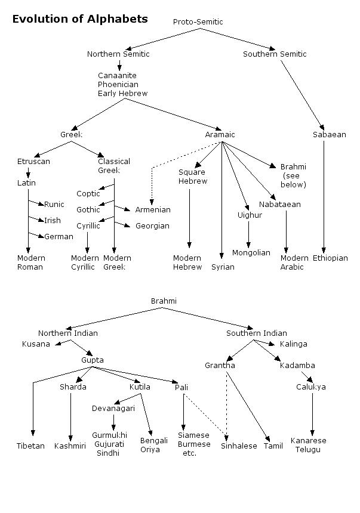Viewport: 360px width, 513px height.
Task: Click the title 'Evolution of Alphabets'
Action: [x=80, y=19]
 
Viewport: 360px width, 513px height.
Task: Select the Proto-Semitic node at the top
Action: [x=198, y=22]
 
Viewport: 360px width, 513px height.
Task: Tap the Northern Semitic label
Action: [x=118, y=54]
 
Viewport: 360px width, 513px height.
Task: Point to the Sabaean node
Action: [x=329, y=135]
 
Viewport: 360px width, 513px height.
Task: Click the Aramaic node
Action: [x=220, y=135]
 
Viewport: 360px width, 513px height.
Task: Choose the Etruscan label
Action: [x=33, y=162]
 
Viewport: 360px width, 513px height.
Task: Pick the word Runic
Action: [x=54, y=205]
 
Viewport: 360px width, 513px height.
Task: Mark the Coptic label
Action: [x=88, y=194]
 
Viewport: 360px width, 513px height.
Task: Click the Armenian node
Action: [x=153, y=210]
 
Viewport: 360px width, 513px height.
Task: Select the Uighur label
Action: [x=250, y=215]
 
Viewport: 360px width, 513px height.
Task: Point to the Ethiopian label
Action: [x=330, y=258]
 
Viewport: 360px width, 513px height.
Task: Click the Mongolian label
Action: [x=251, y=253]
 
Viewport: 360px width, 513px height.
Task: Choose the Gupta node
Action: [x=93, y=360]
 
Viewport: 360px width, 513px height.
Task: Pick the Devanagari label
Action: [x=113, y=409]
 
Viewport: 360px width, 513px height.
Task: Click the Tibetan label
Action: [x=30, y=446]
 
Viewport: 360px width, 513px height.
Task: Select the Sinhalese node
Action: [x=239, y=446]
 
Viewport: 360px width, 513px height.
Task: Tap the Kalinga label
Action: [x=294, y=344]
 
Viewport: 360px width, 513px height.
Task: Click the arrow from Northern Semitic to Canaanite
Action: [x=119, y=65]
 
